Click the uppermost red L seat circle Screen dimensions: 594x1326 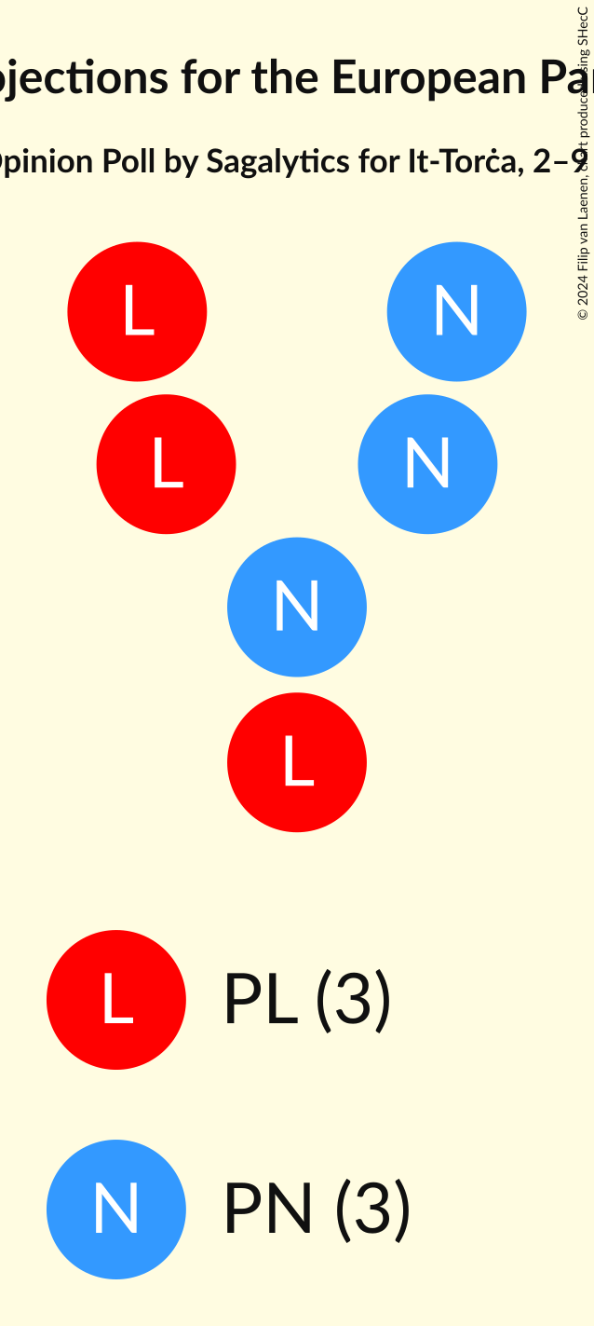137,311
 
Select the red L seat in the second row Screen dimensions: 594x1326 166,464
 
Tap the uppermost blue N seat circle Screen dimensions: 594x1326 456,311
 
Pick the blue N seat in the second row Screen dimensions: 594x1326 427,464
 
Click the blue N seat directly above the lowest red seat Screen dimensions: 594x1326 297,607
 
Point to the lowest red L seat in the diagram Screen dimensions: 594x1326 297,762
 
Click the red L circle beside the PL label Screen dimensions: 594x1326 116,1000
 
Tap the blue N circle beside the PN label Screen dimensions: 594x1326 116,1210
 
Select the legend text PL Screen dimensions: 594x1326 260,1001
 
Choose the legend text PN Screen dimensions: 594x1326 268,1210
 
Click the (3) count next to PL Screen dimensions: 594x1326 353,1001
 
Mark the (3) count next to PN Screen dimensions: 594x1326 372,1210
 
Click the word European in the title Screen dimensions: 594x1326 424,76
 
